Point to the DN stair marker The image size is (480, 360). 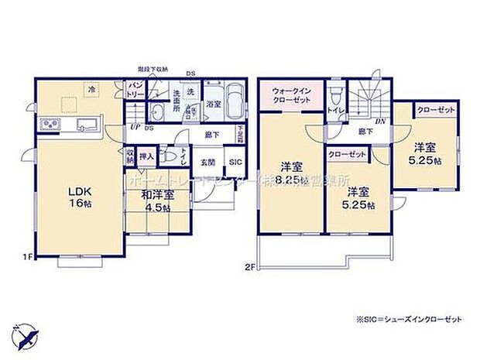[x=380, y=122]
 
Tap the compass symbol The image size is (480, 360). [x=29, y=336]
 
